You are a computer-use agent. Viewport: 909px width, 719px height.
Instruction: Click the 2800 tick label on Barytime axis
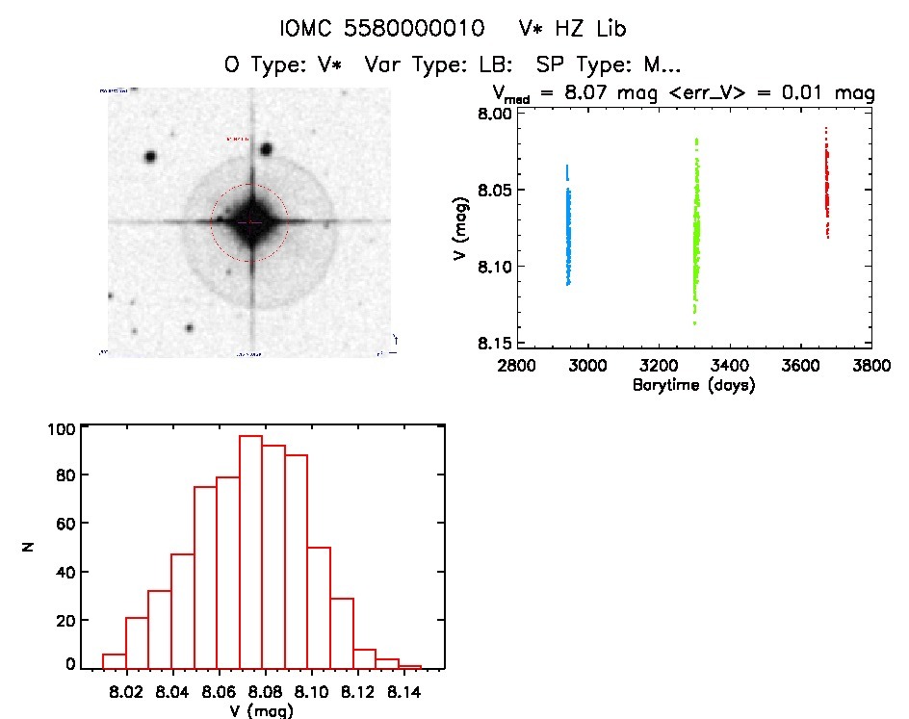click(516, 366)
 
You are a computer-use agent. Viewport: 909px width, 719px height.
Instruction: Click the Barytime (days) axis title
click(693, 385)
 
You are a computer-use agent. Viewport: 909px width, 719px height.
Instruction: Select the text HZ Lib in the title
click(592, 28)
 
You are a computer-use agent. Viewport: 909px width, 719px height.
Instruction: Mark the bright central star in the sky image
click(250, 222)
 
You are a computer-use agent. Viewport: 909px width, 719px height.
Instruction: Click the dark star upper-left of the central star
click(150, 157)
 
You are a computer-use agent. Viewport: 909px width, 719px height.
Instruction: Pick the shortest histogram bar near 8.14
click(409, 666)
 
